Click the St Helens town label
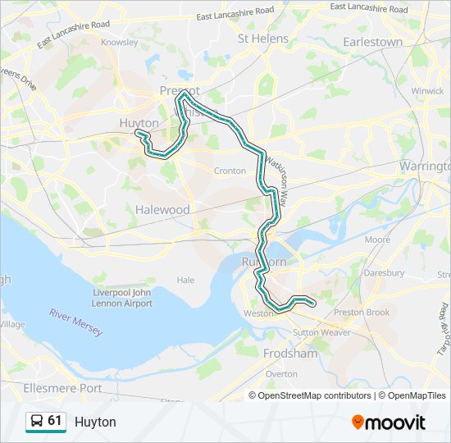(263, 39)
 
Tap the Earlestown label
(373, 42)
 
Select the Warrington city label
(424, 166)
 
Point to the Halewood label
(162, 210)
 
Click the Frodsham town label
(290, 354)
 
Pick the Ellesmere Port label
(63, 387)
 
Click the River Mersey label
(75, 322)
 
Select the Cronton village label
(230, 171)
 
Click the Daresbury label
(385, 272)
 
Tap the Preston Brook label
(362, 312)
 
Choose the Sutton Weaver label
(322, 332)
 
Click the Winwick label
(427, 91)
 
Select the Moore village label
(377, 240)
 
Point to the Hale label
(186, 280)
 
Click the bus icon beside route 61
(37, 422)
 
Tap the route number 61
(55, 421)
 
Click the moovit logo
(389, 422)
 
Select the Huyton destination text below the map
(95, 422)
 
